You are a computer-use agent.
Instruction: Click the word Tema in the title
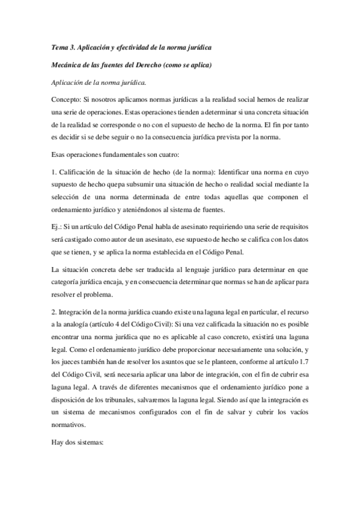pyautogui.click(x=59, y=47)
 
